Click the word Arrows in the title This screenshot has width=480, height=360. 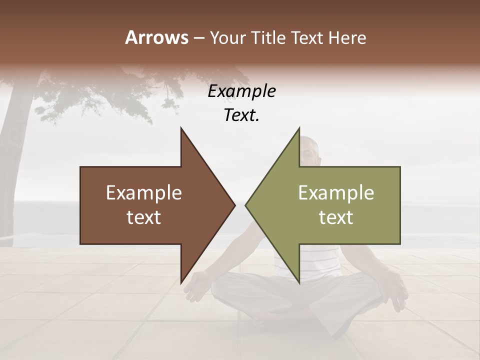[156, 37]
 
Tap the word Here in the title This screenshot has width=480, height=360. [347, 37]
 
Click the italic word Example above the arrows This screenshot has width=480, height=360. [241, 91]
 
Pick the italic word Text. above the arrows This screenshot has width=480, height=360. [241, 115]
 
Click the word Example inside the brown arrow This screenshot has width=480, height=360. [143, 193]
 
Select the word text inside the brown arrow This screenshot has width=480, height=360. [143, 217]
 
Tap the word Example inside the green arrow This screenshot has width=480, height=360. [336, 193]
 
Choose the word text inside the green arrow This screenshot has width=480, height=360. [336, 217]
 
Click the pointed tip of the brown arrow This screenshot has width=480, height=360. [234, 205]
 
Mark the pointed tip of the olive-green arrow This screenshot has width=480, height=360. [246, 205]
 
